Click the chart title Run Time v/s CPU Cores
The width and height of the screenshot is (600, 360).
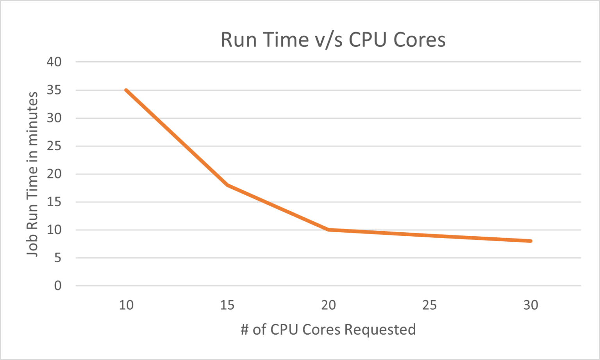point(333,40)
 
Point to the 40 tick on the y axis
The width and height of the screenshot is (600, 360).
point(54,62)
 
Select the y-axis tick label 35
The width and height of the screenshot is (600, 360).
point(54,90)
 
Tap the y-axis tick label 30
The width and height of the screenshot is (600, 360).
point(54,118)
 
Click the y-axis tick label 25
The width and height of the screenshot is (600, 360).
point(54,146)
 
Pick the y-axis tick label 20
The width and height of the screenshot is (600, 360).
point(54,174)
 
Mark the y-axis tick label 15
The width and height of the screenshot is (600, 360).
point(54,202)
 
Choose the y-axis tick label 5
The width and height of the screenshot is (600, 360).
point(57,258)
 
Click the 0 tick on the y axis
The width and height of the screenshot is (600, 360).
point(57,286)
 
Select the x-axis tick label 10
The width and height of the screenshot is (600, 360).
point(126,305)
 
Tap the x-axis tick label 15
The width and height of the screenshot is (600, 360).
point(227,305)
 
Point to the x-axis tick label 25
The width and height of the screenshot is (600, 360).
point(429,305)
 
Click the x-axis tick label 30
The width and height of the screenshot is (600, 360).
point(530,305)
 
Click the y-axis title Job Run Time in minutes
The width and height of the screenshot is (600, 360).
point(32,174)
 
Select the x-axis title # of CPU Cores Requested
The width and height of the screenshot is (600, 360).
point(328,330)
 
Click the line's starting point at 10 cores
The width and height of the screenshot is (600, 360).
point(126,90)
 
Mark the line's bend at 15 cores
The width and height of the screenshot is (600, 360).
point(227,185)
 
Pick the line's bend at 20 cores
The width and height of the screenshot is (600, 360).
point(329,230)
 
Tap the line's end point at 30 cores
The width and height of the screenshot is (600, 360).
point(530,241)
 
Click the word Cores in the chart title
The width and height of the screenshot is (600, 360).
point(419,40)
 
